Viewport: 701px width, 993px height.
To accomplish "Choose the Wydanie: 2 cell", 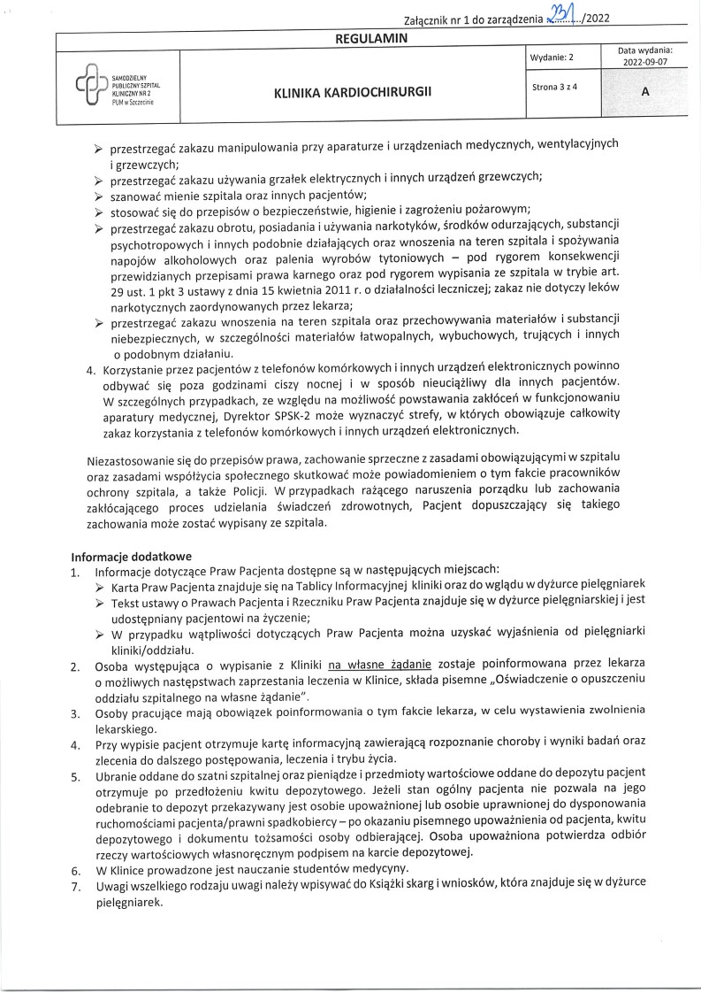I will (x=552, y=58).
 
